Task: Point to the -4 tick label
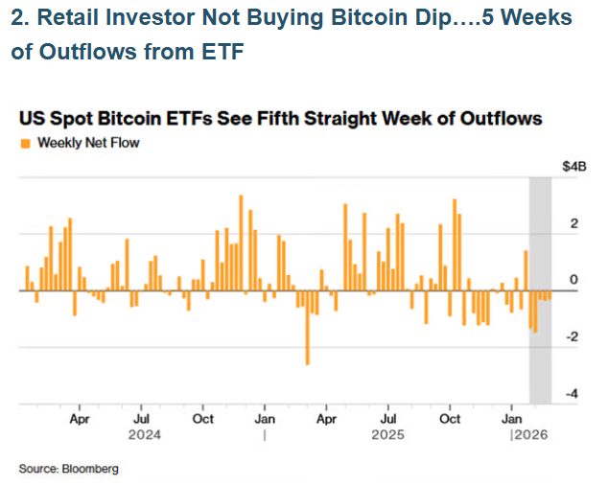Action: pyautogui.click(x=572, y=394)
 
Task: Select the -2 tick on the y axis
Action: pyautogui.click(x=572, y=337)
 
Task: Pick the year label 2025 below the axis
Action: pyautogui.click(x=387, y=434)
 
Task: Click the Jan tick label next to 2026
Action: pyautogui.click(x=513, y=419)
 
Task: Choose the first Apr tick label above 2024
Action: pyautogui.click(x=80, y=419)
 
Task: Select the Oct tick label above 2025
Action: pyautogui.click(x=451, y=419)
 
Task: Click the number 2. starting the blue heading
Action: pyautogui.click(x=20, y=18)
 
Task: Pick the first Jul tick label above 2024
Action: pyautogui.click(x=141, y=419)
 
